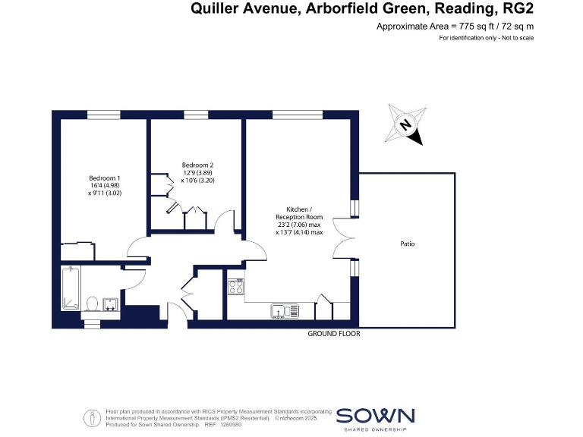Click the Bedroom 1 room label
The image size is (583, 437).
pos(104,178)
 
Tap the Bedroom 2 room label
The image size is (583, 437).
pos(197,165)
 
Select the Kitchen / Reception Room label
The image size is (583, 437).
pos(299,213)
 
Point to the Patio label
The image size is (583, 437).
pos(408,244)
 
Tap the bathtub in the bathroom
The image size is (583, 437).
pos(71,288)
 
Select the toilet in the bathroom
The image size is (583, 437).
pos(92,303)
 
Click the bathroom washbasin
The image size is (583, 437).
pos(111,303)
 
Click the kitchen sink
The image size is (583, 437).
pos(285,310)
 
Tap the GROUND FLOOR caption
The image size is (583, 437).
pos(333,334)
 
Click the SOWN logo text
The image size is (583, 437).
pos(375,416)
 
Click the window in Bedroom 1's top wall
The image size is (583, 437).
pos(103,115)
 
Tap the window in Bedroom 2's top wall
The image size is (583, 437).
pos(196,115)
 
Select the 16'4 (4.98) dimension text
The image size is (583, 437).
pos(104,186)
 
